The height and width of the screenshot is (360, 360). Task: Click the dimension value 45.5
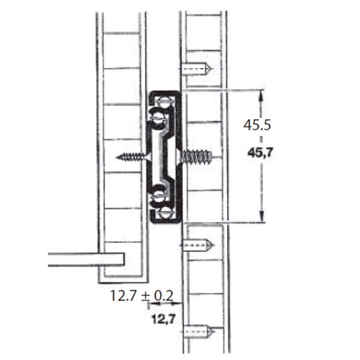pyautogui.click(x=257, y=125)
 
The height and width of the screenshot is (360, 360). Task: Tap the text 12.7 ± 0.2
pyautogui.click(x=141, y=296)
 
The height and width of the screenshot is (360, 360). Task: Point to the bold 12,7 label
pyautogui.click(x=164, y=319)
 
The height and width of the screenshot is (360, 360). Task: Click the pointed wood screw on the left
pyautogui.click(x=134, y=157)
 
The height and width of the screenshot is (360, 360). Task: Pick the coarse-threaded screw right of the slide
pyautogui.click(x=195, y=157)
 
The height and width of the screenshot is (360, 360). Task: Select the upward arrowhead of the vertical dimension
pyautogui.click(x=261, y=95)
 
